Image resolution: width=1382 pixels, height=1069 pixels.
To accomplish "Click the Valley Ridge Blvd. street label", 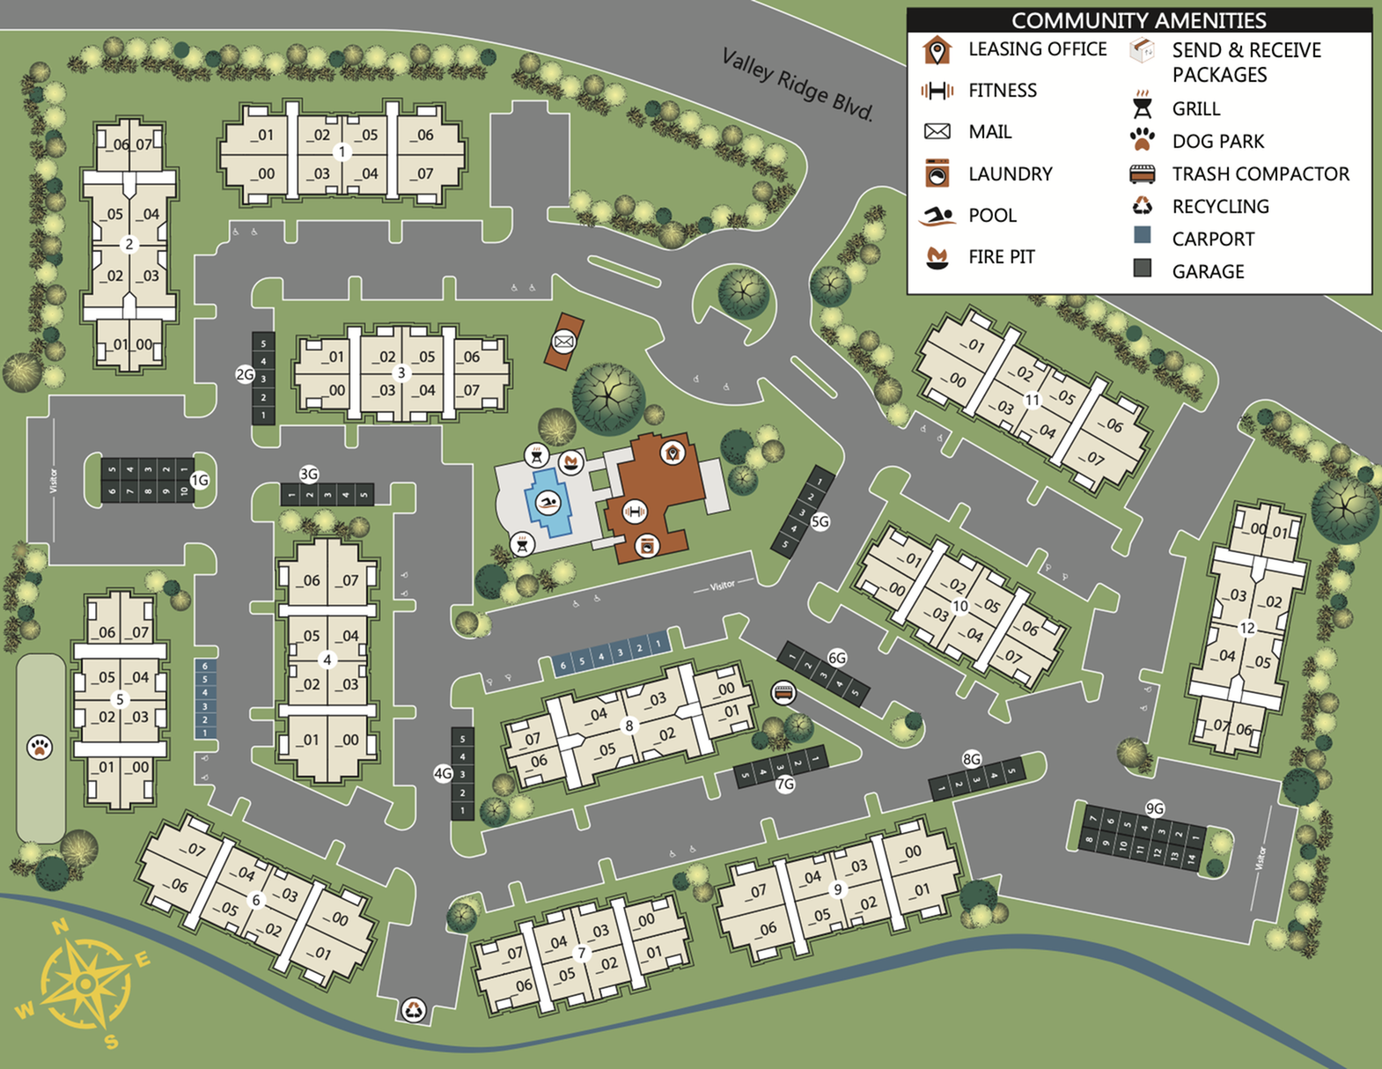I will [798, 85].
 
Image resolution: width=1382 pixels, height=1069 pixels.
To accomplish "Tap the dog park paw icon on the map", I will [40, 747].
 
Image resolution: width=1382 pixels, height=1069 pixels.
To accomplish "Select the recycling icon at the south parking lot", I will [414, 1009].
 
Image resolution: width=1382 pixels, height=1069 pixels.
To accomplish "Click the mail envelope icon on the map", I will [563, 341].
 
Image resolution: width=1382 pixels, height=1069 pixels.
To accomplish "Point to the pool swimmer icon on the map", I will [548, 503].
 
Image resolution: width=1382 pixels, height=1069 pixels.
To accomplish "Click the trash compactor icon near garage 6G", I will [783, 693].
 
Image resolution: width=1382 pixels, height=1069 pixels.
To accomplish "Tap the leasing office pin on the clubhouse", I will [673, 453].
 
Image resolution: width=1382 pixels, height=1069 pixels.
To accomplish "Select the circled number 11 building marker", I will [1033, 400].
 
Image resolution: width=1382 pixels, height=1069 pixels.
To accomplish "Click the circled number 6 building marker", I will [256, 899].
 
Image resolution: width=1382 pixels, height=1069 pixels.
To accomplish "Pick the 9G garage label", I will [1154, 808].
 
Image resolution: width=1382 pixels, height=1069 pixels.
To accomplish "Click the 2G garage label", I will [245, 374].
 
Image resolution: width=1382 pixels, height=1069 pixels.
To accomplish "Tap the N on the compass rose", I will [60, 926].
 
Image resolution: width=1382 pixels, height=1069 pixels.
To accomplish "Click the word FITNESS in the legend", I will [1002, 90].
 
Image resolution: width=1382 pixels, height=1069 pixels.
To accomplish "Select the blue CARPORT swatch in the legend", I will [1142, 235].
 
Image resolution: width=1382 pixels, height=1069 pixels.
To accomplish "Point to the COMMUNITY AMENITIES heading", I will [1138, 19].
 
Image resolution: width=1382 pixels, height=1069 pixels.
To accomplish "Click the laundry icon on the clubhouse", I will [647, 546].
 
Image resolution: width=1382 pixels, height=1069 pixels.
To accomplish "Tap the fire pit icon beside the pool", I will [570, 461].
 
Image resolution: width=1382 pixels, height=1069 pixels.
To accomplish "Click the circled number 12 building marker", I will [1246, 628].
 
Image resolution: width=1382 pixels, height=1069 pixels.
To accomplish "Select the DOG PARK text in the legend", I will [1217, 141].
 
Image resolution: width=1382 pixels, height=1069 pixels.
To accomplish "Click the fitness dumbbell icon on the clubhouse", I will [634, 510].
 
